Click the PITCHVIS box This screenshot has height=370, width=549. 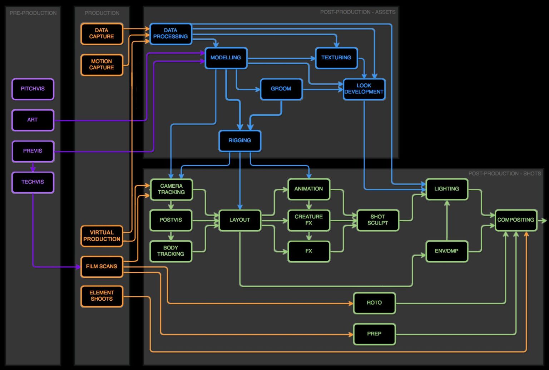pos(33,89)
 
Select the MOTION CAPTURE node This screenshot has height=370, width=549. pos(102,65)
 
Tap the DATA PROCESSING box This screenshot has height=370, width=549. pos(171,34)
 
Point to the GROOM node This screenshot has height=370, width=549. pos(281,89)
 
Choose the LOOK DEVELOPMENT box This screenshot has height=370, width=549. pos(364,89)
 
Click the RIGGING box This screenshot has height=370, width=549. pos(240,141)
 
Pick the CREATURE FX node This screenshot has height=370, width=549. pos(309,220)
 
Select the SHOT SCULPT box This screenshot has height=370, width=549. pos(378,220)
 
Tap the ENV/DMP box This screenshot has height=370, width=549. pos(447,251)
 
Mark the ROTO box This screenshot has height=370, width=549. pos(374,303)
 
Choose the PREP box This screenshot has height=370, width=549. pos(374,334)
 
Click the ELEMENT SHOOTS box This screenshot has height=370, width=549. pos(102,296)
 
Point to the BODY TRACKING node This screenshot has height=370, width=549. pos(171,251)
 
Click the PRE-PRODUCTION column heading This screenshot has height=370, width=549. pos(33,13)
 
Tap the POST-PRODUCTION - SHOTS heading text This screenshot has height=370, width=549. pos(504,174)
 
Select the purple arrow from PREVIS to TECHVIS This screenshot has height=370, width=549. pos(33,167)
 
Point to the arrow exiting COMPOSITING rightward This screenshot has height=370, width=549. pos(543,221)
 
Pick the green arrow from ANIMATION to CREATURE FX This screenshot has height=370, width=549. pos(309,205)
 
